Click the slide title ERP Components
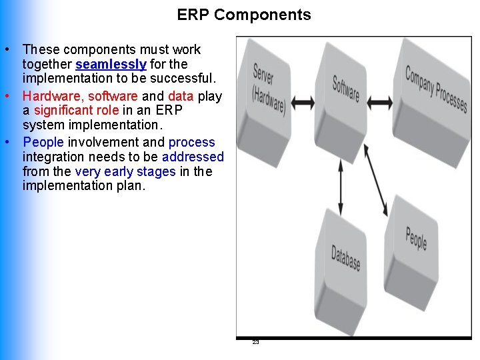[244, 15]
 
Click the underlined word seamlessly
[111, 65]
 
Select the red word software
[113, 96]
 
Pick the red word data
[181, 96]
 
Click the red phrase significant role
[76, 111]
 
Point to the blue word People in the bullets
[43, 142]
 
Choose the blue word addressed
[193, 157]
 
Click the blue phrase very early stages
[125, 171]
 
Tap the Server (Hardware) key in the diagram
[269, 87]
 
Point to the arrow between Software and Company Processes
[381, 101]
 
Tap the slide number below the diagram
[255, 342]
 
